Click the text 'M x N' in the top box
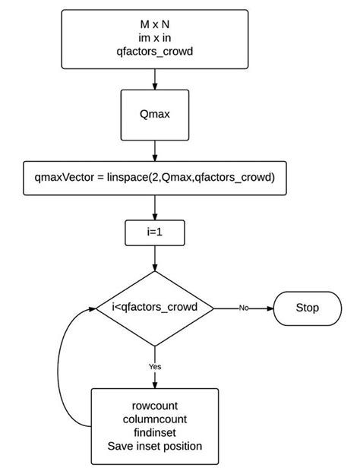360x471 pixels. [155, 25]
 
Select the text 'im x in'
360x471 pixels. [155, 38]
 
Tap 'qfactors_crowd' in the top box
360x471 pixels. [155, 51]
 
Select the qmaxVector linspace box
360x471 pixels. [155, 178]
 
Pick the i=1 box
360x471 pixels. [155, 234]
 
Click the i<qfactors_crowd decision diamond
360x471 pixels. [155, 308]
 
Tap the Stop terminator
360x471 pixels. [308, 308]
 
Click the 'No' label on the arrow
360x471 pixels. [244, 308]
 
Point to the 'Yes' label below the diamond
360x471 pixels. [155, 366]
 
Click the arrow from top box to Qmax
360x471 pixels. [155, 78]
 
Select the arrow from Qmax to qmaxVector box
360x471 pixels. [155, 150]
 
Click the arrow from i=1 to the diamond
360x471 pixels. [155, 258]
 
